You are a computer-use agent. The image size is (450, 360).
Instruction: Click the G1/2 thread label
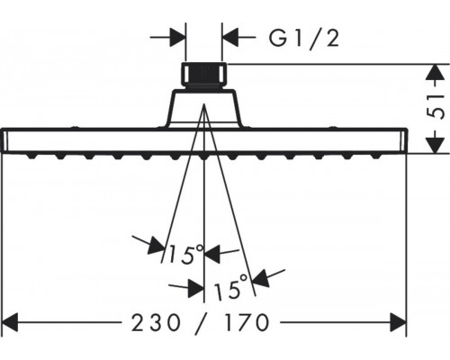tap(303, 38)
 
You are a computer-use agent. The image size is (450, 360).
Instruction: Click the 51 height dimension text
tap(435, 107)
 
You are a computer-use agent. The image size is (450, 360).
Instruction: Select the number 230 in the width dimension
tap(156, 322)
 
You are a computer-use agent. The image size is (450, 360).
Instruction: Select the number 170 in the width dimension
tap(247, 322)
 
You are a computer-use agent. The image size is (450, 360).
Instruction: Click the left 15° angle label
tap(185, 255)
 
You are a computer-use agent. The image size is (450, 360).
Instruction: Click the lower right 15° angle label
tap(231, 287)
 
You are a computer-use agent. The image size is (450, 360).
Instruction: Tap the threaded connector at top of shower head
tap(204, 76)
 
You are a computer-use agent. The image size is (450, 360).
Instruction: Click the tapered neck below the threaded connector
tap(204, 108)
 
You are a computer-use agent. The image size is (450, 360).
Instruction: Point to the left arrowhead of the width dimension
tap(10, 322)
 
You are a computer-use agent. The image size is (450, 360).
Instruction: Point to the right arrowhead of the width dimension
tap(398, 322)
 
